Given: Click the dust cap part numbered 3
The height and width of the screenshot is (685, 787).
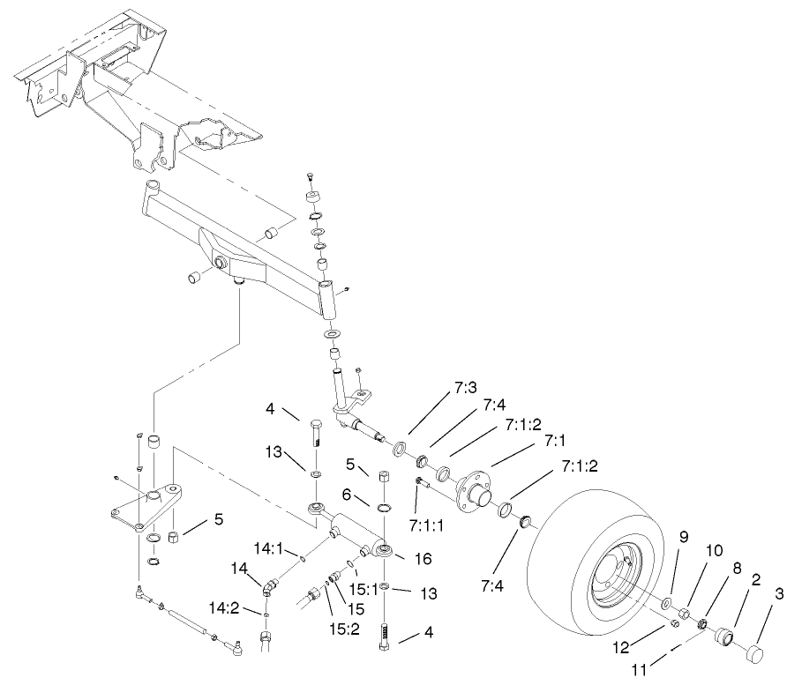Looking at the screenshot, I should [756, 652].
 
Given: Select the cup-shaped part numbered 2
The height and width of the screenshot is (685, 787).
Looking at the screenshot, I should [726, 637].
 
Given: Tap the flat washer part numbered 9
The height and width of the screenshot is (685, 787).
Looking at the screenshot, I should [663, 608].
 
